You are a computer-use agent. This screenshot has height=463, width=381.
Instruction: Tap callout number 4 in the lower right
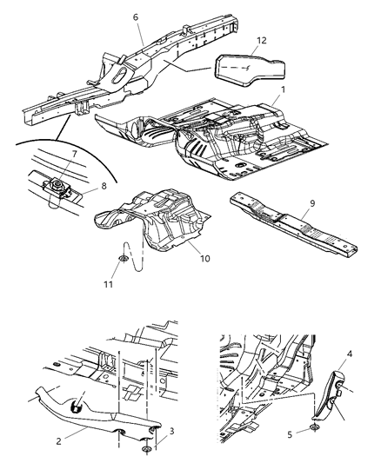[350, 353]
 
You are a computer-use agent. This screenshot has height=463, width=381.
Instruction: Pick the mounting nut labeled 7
[57, 183]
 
